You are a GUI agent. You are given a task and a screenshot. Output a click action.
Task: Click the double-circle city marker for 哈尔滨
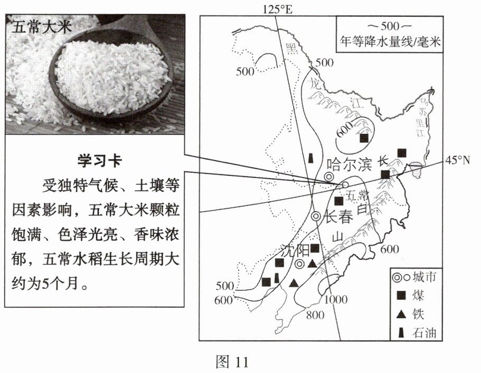(x=329, y=178)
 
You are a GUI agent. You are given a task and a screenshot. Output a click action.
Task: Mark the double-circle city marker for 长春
(x=316, y=216)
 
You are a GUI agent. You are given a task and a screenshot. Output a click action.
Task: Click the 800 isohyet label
(x=314, y=316)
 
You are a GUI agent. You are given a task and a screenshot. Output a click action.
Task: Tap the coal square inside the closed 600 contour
(x=364, y=139)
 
